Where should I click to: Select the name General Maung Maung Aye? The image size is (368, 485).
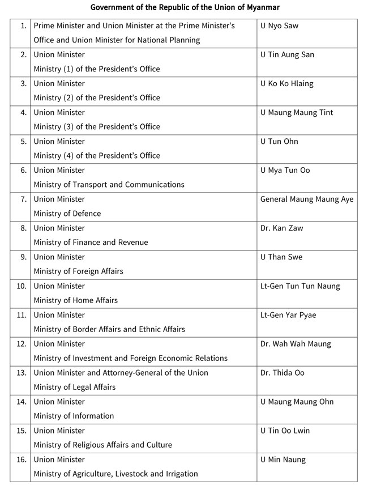coord(307,199)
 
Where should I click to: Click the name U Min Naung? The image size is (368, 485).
coord(283,460)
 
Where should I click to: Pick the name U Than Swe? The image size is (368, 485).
coord(281,257)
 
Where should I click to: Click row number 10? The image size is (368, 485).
coord(22,286)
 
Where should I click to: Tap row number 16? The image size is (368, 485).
coord(22,460)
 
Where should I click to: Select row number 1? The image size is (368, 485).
coord(23,26)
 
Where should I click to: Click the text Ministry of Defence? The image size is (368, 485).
coord(67,214)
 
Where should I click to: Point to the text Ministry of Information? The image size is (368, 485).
coord(74,416)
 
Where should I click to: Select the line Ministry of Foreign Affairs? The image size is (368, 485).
coord(78,271)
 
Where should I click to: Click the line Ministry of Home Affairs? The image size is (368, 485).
coord(76,300)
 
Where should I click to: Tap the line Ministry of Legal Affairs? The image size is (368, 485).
coord(75,387)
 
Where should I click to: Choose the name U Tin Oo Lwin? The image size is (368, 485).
coord(285,431)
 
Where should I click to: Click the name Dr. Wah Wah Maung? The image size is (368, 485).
coord(296,344)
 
